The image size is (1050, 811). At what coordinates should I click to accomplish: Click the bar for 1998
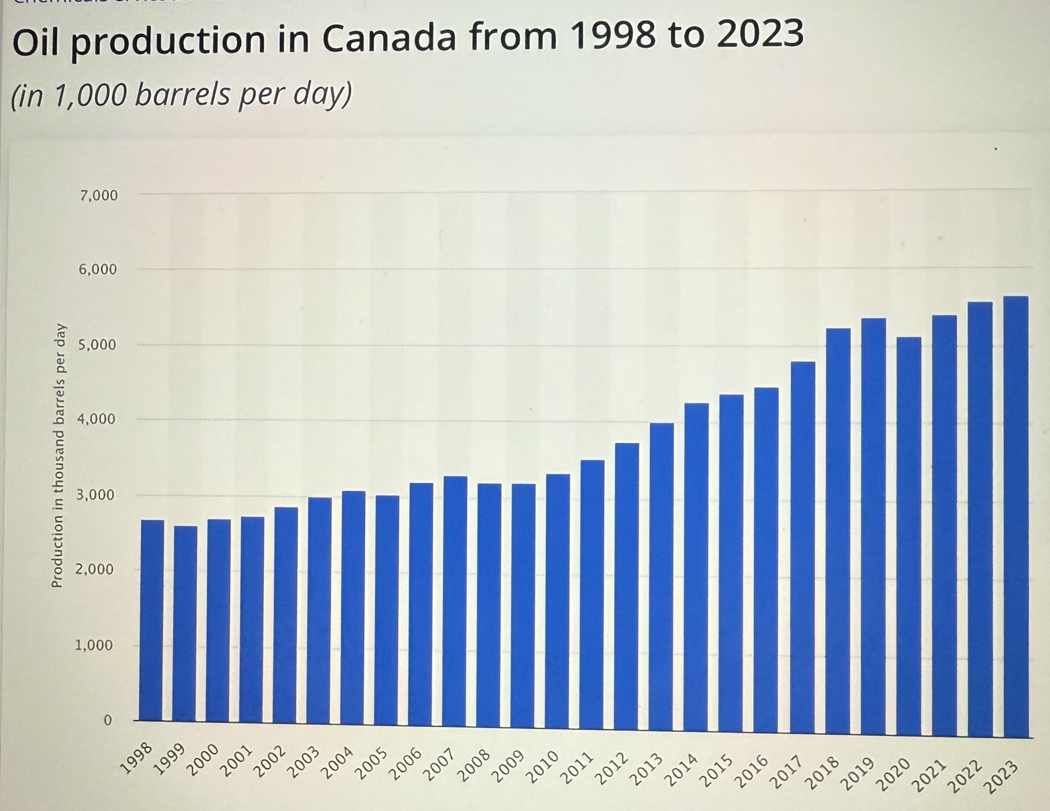pyautogui.click(x=152, y=620)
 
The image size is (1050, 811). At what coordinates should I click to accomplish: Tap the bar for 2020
pyautogui.click(x=909, y=536)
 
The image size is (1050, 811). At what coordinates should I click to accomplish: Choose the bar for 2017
pyautogui.click(x=803, y=546)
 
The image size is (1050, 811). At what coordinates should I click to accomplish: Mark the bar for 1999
pyautogui.click(x=185, y=622)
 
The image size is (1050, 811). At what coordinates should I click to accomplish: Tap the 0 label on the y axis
pyautogui.click(x=108, y=720)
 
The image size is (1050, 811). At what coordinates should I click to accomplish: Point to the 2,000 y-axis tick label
pyautogui.click(x=94, y=569)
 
